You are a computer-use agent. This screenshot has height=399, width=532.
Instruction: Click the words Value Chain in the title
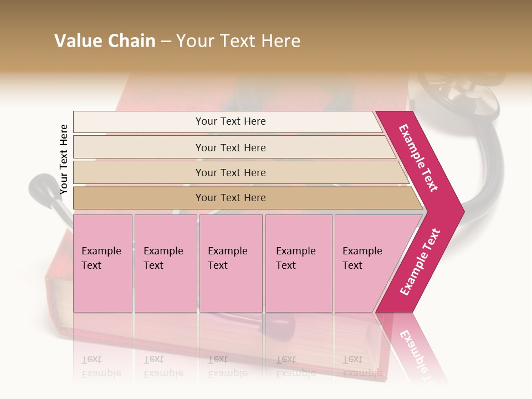[105, 41]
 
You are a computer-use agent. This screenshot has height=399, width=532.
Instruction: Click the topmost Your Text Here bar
[230, 121]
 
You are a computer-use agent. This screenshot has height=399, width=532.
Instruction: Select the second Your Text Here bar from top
[230, 147]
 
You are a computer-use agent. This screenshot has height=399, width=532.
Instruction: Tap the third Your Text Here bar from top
[230, 172]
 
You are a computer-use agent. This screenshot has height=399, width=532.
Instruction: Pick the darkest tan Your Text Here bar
[230, 198]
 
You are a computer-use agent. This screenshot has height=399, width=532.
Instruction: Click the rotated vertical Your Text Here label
[64, 159]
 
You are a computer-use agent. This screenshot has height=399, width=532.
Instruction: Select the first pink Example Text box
[103, 263]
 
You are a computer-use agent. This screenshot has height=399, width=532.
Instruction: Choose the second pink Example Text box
[165, 263]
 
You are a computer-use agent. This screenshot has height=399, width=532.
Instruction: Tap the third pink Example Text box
[231, 263]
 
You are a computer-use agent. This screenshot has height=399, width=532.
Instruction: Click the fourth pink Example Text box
[298, 263]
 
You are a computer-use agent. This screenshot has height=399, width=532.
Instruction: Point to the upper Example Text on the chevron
[419, 158]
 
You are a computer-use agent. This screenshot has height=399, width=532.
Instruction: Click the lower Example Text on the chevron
[420, 262]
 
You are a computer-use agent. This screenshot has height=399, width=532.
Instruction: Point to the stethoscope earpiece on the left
[45, 191]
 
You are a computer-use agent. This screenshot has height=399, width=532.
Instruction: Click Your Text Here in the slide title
[238, 41]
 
